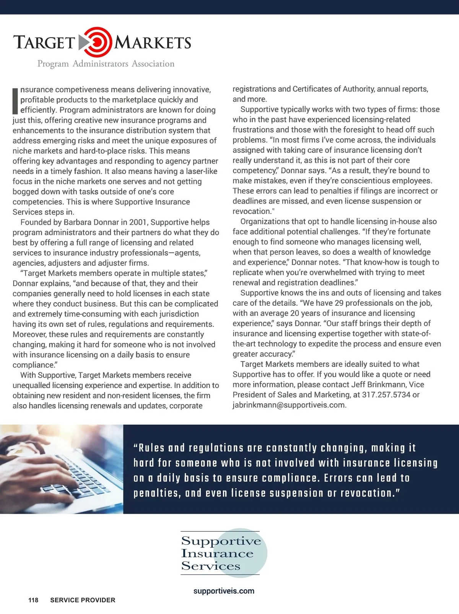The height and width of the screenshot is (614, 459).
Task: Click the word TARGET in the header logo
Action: click(x=44, y=42)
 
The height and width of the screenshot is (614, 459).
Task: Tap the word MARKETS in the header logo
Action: click(x=153, y=42)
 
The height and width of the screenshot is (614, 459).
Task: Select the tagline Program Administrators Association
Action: click(x=106, y=64)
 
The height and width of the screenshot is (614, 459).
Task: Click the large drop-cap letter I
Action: click(x=15, y=101)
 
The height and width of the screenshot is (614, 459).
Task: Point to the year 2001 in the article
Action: click(x=138, y=222)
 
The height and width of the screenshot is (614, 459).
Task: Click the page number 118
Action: click(x=33, y=600)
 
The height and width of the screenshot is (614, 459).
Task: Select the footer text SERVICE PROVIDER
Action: click(x=83, y=600)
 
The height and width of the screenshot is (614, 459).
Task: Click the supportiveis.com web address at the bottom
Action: click(x=224, y=591)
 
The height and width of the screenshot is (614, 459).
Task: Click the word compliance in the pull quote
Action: click(x=290, y=478)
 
